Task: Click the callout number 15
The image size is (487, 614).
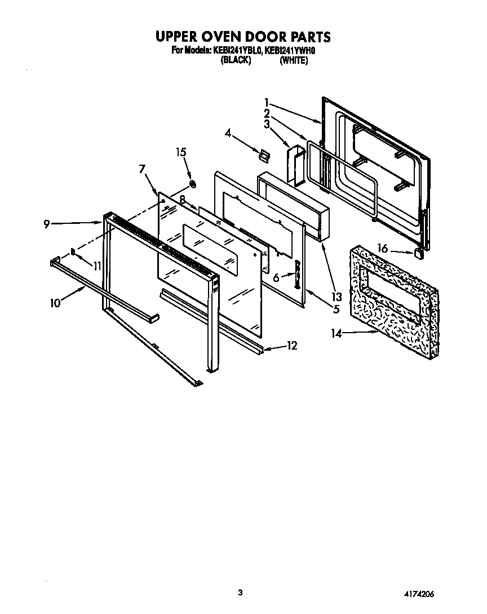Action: (x=180, y=152)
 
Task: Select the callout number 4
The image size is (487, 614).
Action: (x=228, y=133)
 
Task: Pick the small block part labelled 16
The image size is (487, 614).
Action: (x=419, y=253)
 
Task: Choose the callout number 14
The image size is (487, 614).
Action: (x=337, y=334)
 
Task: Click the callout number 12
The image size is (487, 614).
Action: (x=292, y=346)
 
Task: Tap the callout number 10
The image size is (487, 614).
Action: (x=55, y=303)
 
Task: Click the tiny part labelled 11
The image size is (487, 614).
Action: (x=73, y=252)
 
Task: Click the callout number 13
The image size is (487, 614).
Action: (x=337, y=297)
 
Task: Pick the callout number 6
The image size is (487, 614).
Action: (x=276, y=277)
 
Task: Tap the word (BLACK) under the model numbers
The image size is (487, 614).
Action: (x=236, y=60)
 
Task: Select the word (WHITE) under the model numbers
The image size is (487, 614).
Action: (x=294, y=60)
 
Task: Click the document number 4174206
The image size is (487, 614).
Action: (x=417, y=594)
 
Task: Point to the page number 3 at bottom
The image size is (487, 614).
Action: (x=240, y=592)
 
